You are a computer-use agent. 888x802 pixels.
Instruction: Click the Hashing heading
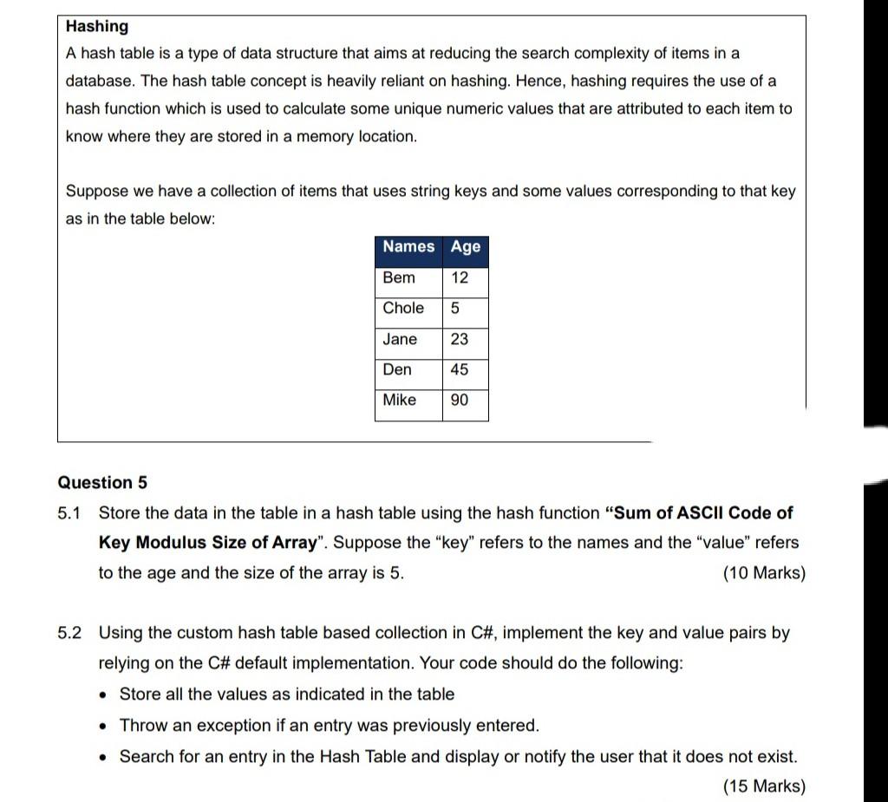pos(96,27)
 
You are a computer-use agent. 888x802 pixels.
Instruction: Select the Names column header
pos(408,247)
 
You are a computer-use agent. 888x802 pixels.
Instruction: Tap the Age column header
pos(466,247)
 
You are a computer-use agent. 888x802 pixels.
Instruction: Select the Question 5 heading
pos(102,483)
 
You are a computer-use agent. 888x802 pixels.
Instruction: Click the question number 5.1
pos(69,513)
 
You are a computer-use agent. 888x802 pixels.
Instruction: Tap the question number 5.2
pos(69,633)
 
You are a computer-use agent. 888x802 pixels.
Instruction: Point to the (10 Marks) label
pos(763,573)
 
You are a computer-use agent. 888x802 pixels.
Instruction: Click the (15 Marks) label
pos(763,786)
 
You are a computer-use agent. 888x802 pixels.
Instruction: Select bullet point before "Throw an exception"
pos(105,727)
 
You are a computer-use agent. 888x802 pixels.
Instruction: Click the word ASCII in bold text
pos(701,513)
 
